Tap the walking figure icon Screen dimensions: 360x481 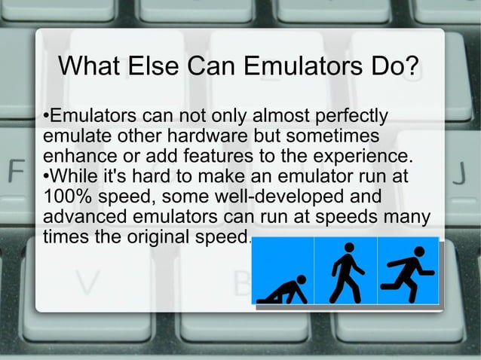click(345, 270)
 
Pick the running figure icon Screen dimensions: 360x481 click(408, 270)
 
